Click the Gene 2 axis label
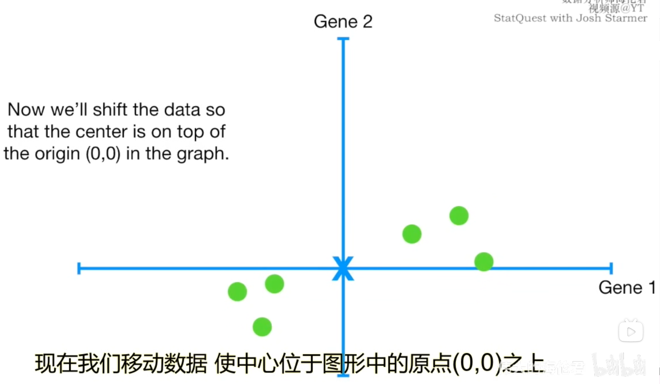343,22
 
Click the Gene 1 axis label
627,288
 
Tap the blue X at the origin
343,268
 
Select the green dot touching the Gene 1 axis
484,262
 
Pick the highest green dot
459,216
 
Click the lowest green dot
262,327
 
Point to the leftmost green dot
237,291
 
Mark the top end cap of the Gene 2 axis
343,39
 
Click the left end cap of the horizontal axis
79,268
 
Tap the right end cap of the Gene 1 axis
611,268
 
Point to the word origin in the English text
58,154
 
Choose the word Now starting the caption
26,110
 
